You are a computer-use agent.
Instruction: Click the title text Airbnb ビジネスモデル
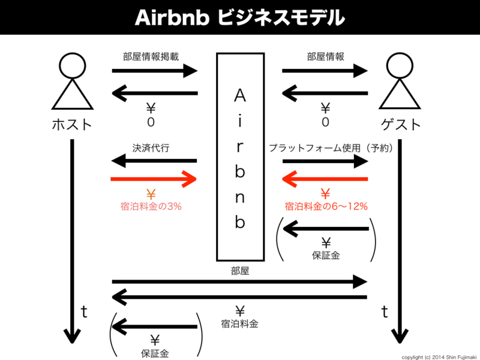[239, 17]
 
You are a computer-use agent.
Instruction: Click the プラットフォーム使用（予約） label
[331, 147]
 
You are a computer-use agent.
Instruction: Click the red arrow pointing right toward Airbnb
[154, 179]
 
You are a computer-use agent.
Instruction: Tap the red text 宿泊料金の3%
[151, 206]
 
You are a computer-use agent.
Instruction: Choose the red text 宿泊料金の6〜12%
[326, 206]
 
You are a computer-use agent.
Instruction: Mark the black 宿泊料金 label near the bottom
[239, 323]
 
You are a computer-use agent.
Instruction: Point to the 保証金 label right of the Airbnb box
[326, 255]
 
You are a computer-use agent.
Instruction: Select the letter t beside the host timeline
[84, 311]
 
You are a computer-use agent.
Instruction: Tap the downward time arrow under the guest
[400, 240]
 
